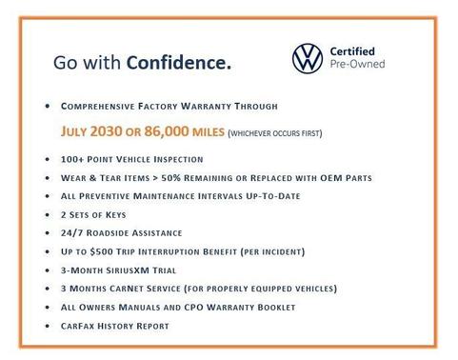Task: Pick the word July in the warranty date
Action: [80, 132]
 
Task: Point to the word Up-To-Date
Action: [269, 196]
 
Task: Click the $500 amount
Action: [103, 251]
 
